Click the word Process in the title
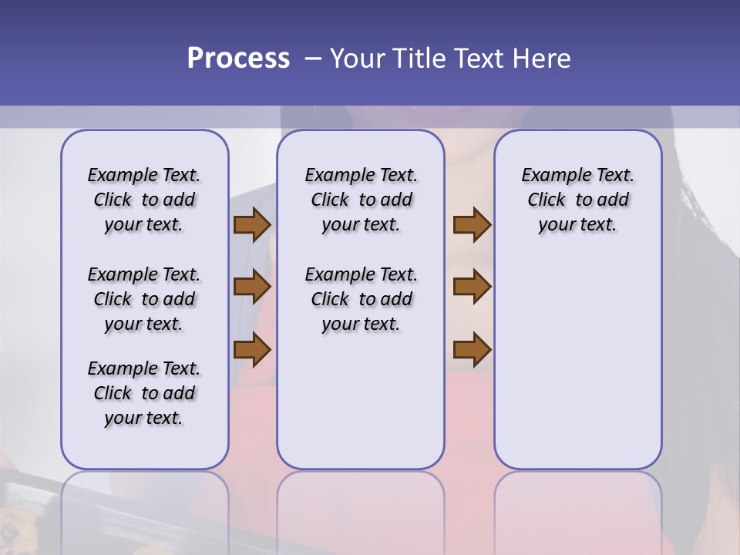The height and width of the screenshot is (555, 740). pyautogui.click(x=238, y=59)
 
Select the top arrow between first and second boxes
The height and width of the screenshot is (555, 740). pyautogui.click(x=252, y=225)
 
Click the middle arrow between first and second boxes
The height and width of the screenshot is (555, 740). pyautogui.click(x=252, y=288)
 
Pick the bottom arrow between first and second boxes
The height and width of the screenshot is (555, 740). pyautogui.click(x=252, y=349)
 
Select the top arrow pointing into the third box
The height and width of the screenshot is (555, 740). pyautogui.click(x=472, y=225)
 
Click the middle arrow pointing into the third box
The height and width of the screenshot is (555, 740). pyautogui.click(x=472, y=288)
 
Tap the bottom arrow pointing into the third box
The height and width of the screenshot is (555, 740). pyautogui.click(x=472, y=349)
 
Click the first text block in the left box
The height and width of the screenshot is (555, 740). pyautogui.click(x=144, y=200)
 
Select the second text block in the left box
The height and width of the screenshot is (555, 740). pyautogui.click(x=144, y=299)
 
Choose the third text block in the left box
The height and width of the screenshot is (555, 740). pyautogui.click(x=144, y=393)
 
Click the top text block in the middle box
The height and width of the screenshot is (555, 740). pyautogui.click(x=361, y=200)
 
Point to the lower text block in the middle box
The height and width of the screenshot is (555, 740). pyautogui.click(x=361, y=299)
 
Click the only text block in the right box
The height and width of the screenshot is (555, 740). pyautogui.click(x=578, y=200)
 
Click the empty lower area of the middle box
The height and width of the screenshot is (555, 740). pyautogui.click(x=361, y=401)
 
